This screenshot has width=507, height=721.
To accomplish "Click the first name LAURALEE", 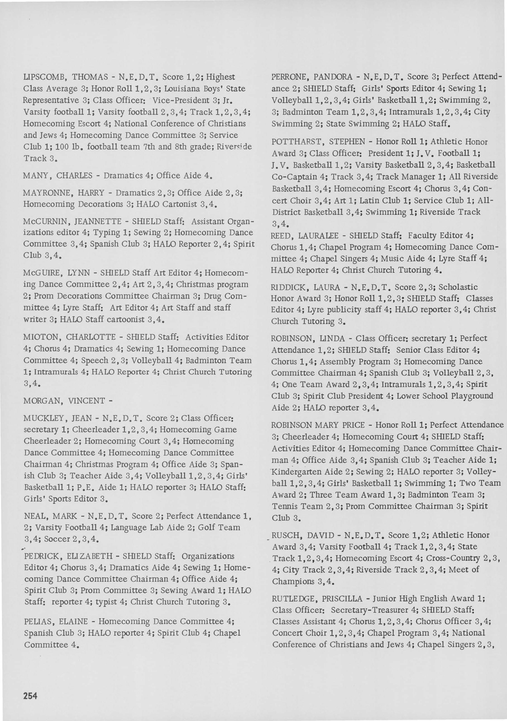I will (x=318, y=236).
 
